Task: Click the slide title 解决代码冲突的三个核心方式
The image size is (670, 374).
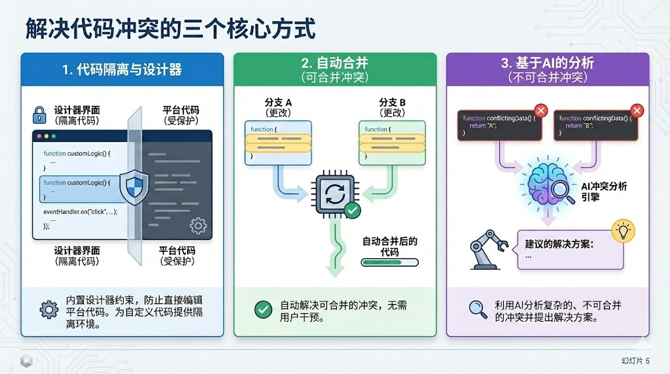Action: click(170, 29)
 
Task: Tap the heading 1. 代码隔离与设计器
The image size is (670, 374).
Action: click(122, 69)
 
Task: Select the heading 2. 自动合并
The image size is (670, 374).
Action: click(334, 63)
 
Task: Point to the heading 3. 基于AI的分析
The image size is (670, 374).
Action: click(547, 63)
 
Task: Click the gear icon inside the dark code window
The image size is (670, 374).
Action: click(197, 226)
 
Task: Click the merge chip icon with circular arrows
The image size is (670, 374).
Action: click(335, 194)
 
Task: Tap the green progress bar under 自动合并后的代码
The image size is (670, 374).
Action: click(389, 263)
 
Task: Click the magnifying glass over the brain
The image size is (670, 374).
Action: click(561, 190)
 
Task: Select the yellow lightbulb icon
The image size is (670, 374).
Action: click(622, 230)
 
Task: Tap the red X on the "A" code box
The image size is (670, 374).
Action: click(540, 110)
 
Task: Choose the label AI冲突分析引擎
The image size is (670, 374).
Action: click(604, 192)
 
